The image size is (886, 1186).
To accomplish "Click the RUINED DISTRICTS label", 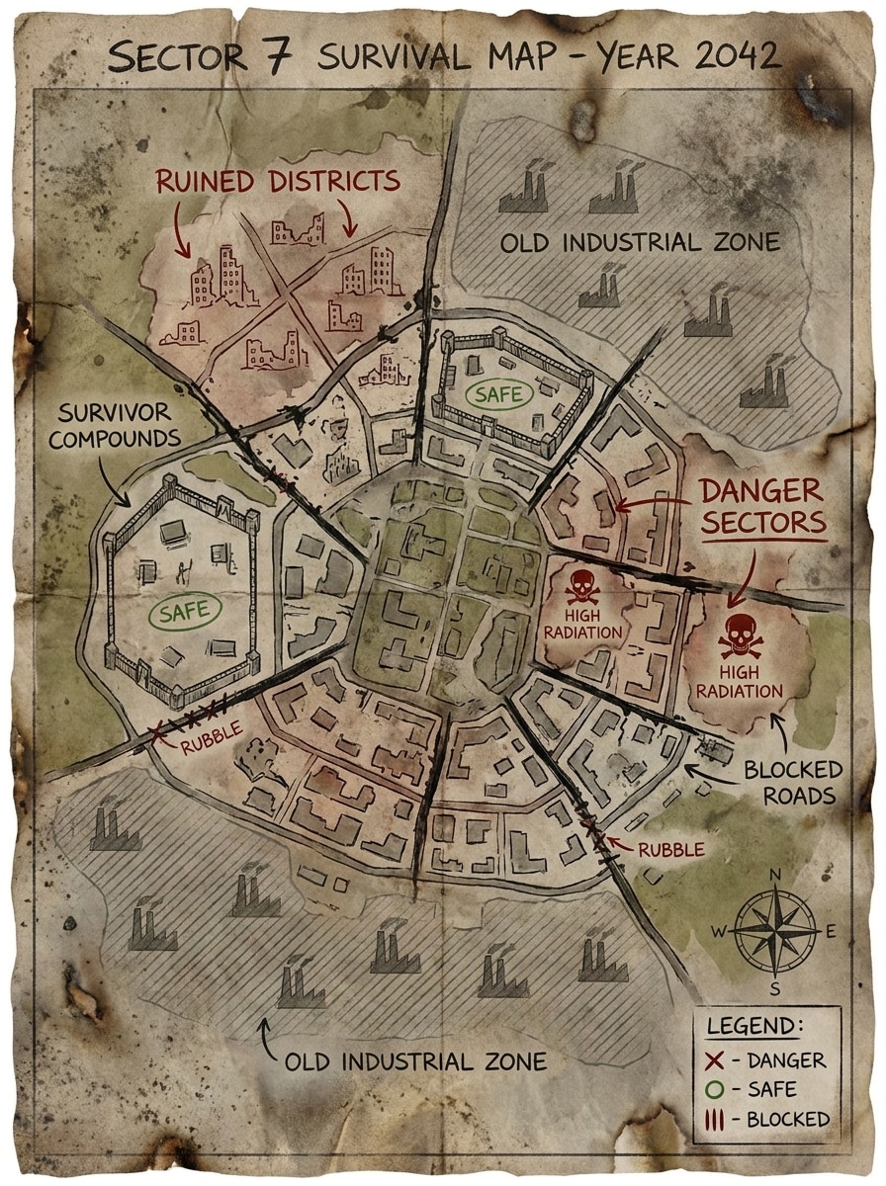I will (x=278, y=182).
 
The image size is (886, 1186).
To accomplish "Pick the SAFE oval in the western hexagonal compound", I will (x=185, y=610).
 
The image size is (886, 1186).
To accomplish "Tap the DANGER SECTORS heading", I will (x=762, y=506).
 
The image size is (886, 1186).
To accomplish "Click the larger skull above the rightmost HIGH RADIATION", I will (x=739, y=636).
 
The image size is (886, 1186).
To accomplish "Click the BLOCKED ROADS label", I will (x=794, y=782).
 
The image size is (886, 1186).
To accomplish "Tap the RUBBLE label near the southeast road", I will (x=671, y=848).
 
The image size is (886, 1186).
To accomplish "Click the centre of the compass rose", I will (x=775, y=930).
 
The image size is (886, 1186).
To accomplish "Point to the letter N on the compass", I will (x=775, y=874).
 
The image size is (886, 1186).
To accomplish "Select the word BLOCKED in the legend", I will (x=788, y=1119).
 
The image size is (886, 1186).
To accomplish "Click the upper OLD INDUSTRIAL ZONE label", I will (x=640, y=242).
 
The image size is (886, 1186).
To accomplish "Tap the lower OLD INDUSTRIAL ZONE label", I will (x=415, y=1062).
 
